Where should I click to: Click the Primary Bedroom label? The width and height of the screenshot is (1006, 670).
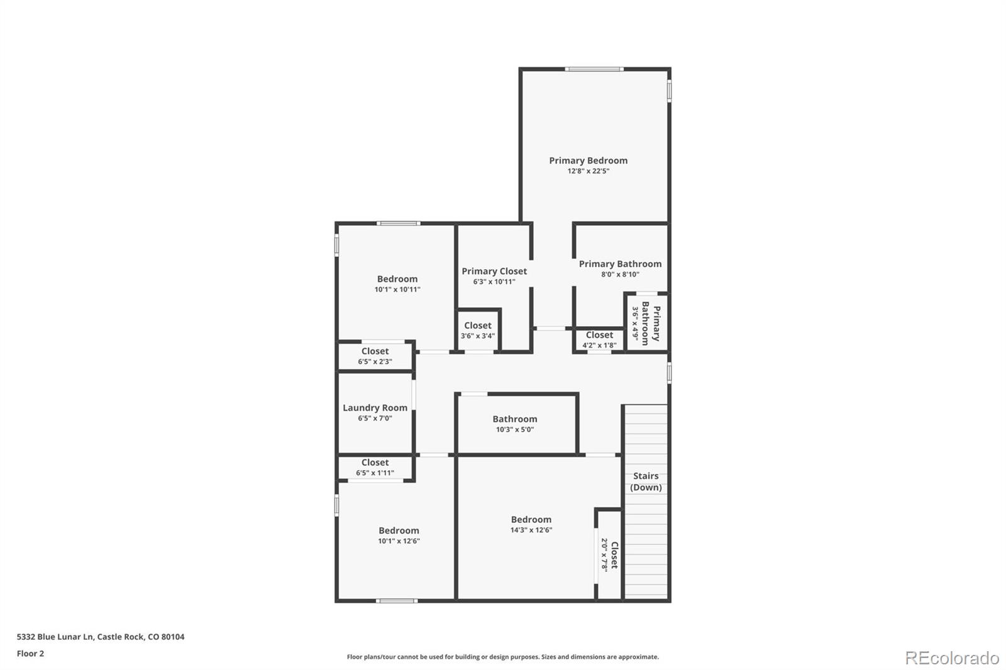pyautogui.click(x=588, y=160)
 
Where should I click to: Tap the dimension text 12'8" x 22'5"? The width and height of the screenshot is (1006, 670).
pyautogui.click(x=589, y=171)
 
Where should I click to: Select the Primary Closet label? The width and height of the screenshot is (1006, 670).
pyautogui.click(x=494, y=271)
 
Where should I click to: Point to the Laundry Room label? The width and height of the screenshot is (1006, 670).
pyautogui.click(x=375, y=408)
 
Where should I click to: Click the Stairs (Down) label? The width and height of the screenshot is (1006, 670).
pyautogui.click(x=646, y=481)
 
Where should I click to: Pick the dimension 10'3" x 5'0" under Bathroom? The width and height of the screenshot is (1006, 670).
pyautogui.click(x=514, y=430)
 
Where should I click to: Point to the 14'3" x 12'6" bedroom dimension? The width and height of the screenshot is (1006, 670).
pyautogui.click(x=531, y=530)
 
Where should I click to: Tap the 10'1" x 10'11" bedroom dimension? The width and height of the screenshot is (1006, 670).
pyautogui.click(x=397, y=290)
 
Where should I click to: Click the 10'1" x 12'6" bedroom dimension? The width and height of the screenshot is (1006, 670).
pyautogui.click(x=399, y=541)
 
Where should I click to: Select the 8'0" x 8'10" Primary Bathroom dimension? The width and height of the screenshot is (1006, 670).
pyautogui.click(x=620, y=275)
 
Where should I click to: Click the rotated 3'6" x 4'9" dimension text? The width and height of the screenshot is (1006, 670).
pyautogui.click(x=636, y=324)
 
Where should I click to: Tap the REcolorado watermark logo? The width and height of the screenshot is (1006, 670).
pyautogui.click(x=951, y=658)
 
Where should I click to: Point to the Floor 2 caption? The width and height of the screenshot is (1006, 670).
pyautogui.click(x=31, y=654)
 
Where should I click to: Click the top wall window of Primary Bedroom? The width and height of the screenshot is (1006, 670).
pyautogui.click(x=594, y=69)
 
